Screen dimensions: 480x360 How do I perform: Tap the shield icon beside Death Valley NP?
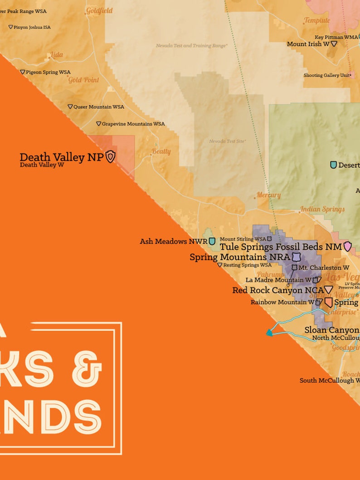point(110,157)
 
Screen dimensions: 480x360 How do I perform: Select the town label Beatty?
point(161,151)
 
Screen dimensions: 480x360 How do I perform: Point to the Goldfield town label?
point(99,10)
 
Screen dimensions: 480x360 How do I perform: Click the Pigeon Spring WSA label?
point(48,72)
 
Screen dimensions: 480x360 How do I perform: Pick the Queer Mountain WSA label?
point(98,107)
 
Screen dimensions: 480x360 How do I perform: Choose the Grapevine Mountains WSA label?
point(133,124)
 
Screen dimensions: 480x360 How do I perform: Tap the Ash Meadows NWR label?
point(173,242)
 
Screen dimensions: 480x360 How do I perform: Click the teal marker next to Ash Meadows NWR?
point(212,241)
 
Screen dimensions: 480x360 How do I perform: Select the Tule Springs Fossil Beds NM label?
point(281,247)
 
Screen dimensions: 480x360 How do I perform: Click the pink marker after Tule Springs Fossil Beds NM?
point(347,247)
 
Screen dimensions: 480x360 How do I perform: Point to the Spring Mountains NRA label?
point(239,257)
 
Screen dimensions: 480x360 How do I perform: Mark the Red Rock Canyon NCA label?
point(278,290)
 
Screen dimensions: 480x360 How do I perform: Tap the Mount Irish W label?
point(308,44)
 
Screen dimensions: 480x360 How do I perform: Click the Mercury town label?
point(268,195)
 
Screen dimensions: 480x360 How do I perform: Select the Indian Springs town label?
point(322,209)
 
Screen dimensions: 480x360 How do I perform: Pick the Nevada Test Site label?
point(227,141)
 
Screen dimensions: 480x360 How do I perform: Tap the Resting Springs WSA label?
point(247,265)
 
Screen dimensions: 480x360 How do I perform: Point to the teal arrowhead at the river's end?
point(269,333)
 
